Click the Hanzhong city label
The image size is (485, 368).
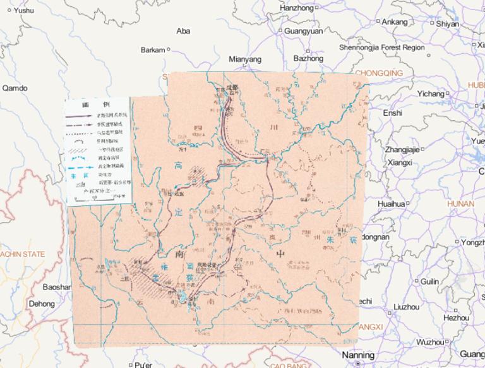(296, 8)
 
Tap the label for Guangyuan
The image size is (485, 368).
(303, 30)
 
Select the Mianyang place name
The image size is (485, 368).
(244, 59)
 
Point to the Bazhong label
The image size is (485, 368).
(308, 58)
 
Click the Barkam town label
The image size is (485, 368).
(152, 49)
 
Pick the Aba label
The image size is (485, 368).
(183, 30)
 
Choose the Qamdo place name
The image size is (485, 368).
(15, 88)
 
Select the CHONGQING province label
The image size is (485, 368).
(379, 73)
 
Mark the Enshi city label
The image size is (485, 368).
(392, 113)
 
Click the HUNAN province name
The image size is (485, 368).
(460, 204)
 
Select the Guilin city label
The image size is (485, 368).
(429, 281)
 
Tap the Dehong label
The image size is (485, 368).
(42, 304)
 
